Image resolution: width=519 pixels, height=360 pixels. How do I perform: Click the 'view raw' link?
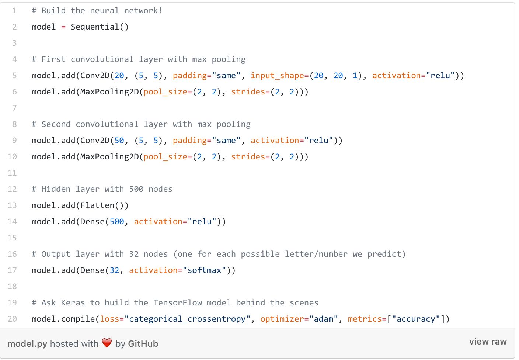click(x=488, y=342)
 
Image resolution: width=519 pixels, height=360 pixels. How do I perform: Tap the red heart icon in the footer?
click(x=107, y=343)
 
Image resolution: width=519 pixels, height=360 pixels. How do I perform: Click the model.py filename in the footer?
click(x=27, y=344)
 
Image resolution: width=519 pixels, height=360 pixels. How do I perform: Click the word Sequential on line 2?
click(x=95, y=27)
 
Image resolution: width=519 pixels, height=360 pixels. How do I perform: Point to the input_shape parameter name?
click(x=278, y=76)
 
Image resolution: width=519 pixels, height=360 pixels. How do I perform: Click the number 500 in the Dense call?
click(x=117, y=222)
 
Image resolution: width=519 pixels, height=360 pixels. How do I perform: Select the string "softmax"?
click(x=205, y=270)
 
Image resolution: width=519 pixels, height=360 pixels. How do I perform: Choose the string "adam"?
click(x=324, y=319)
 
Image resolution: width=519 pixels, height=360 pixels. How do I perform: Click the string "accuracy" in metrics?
click(x=416, y=319)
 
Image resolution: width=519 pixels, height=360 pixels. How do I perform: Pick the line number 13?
click(x=12, y=205)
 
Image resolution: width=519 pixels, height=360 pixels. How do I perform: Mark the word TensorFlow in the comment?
click(x=178, y=303)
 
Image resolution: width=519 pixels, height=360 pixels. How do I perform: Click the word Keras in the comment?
click(x=73, y=303)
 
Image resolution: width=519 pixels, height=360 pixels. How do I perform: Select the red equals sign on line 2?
click(x=63, y=27)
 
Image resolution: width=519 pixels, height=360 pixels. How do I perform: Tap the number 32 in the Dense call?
click(x=115, y=270)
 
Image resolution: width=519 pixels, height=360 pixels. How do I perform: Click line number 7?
click(x=14, y=108)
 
